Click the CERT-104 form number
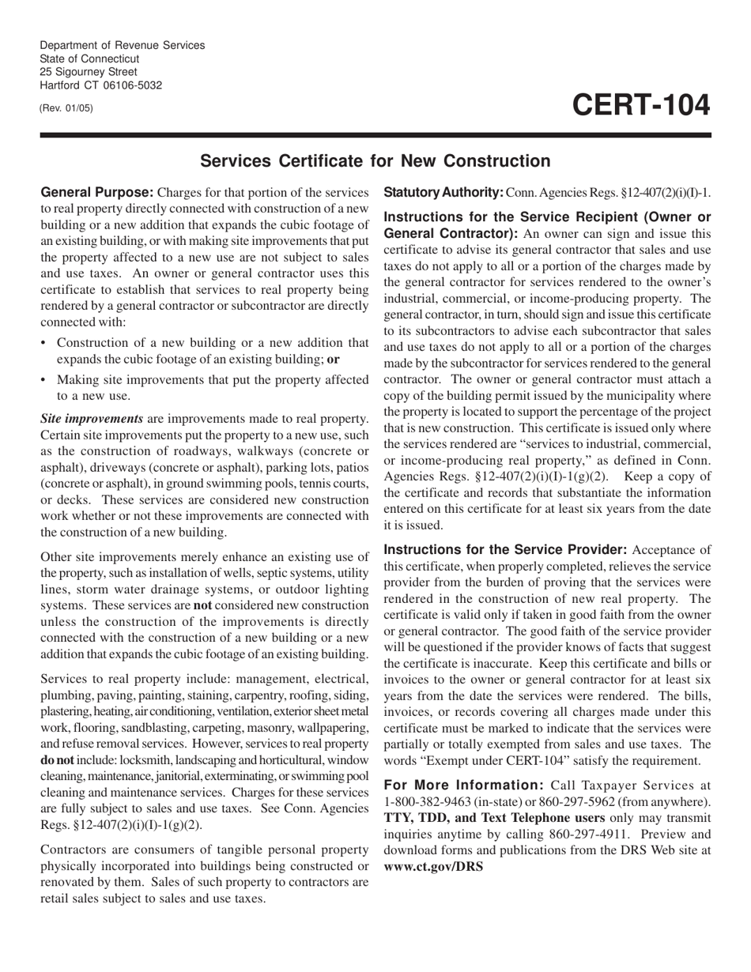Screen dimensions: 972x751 tap(641, 105)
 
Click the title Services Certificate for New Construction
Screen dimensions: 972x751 tap(375, 161)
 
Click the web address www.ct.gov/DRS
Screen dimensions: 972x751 tap(433, 865)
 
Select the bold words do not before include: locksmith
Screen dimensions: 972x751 tap(56, 760)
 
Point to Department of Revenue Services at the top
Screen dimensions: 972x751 tap(122, 45)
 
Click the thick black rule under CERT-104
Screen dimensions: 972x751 tap(375, 136)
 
